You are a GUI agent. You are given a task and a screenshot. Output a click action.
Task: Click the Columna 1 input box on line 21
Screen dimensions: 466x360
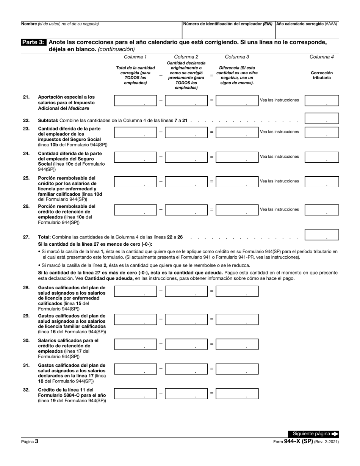[x=135, y=100]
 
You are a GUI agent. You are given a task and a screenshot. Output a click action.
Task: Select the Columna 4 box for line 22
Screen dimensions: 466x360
[x=321, y=118]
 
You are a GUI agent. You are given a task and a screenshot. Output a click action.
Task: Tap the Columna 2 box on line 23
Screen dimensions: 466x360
[x=186, y=132]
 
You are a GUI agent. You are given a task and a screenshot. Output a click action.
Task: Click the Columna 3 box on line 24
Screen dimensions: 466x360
[x=237, y=157]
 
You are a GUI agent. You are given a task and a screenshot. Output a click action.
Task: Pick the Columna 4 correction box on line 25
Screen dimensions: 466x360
[x=321, y=182]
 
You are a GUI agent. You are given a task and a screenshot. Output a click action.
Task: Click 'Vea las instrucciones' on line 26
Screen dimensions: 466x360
[x=279, y=209]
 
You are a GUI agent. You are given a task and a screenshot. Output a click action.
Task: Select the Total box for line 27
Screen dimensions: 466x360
[x=321, y=235]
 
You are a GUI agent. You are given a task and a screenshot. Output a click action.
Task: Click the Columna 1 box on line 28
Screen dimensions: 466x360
[x=135, y=291]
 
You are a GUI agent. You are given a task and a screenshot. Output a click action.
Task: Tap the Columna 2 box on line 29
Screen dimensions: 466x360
[x=186, y=319]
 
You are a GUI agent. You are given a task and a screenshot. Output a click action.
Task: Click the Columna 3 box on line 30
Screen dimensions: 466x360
[x=237, y=344]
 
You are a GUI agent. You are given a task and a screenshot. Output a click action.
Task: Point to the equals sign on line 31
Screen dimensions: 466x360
[x=211, y=369]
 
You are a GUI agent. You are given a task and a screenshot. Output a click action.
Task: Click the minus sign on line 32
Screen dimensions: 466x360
[x=161, y=393]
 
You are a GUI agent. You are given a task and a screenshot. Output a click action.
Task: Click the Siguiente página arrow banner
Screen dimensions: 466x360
[x=313, y=434]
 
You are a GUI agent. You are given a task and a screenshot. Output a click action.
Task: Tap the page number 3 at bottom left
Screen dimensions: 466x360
[x=36, y=441]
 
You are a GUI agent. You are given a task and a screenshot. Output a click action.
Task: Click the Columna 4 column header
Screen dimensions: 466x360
[x=321, y=57]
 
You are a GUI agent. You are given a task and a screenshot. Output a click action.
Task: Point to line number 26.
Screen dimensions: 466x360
[x=26, y=206]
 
